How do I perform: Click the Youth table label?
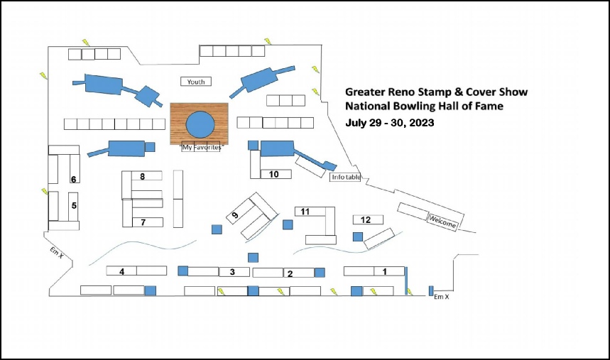coord(196,82)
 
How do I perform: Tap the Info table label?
coord(346,177)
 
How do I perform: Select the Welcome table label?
coord(442,222)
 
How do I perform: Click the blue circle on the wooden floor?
coord(200,124)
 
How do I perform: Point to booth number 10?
coord(274,175)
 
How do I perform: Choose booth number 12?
coord(366,220)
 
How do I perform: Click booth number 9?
coord(234,215)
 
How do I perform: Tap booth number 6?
coord(73,179)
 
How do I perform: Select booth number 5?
coord(74,205)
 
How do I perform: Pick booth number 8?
coord(143,177)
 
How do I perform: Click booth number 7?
coord(143,222)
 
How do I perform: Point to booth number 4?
coord(121,271)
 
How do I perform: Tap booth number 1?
coord(385,271)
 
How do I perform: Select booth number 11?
coord(305,212)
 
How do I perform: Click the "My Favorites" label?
coord(202,147)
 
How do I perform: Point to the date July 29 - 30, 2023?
coord(390,123)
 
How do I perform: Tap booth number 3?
coord(232,272)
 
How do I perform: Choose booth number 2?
coord(290,274)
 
